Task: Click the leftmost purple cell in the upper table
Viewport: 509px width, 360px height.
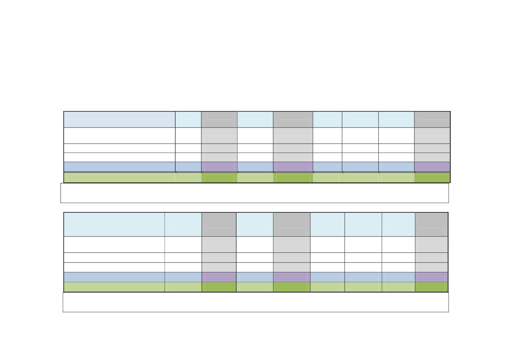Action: click(x=219, y=167)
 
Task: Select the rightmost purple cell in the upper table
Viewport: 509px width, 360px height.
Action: click(x=432, y=167)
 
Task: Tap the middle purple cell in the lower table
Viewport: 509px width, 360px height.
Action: click(x=292, y=277)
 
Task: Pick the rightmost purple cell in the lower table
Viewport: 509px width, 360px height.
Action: click(x=431, y=277)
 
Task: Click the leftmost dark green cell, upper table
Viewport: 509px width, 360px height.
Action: click(x=219, y=178)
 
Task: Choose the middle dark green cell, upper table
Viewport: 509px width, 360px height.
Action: click(x=293, y=178)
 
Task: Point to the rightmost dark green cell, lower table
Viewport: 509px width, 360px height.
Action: click(x=431, y=287)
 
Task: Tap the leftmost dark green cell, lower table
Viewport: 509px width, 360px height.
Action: click(x=219, y=287)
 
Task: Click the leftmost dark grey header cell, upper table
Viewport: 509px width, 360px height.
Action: click(x=219, y=119)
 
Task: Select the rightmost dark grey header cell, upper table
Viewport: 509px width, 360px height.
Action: click(x=432, y=119)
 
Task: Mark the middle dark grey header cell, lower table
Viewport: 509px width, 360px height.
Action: click(x=292, y=224)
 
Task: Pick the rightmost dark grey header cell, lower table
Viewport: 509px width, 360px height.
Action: click(x=431, y=224)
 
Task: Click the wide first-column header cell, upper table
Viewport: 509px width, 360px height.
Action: click(x=119, y=119)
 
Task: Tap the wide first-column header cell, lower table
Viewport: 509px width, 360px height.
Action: click(x=114, y=224)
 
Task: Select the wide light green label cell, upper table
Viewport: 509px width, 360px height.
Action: click(x=119, y=178)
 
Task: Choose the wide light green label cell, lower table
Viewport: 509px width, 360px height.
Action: click(x=114, y=287)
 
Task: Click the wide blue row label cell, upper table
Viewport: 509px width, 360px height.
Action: click(x=119, y=167)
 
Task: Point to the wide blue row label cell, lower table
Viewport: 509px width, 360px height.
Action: click(x=114, y=277)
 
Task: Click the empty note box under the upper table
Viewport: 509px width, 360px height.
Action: click(x=254, y=193)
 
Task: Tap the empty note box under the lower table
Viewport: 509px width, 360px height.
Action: click(x=256, y=302)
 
